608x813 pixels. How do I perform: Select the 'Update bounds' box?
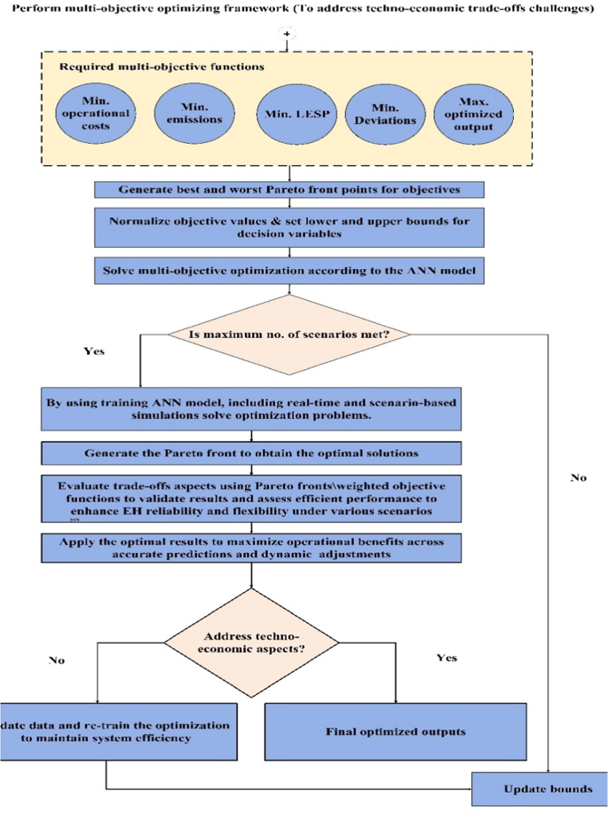[x=538, y=788]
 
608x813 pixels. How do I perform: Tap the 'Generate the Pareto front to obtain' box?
[x=252, y=453]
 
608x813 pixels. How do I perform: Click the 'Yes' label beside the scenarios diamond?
[x=93, y=351]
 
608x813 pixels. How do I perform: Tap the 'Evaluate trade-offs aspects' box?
[x=252, y=499]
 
